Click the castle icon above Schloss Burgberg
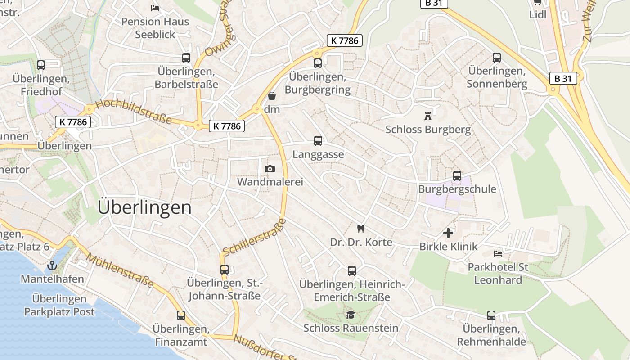pos(427,116)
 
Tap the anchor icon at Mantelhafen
pos(52,265)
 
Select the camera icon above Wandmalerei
pos(270,169)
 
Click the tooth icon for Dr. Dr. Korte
pos(360,229)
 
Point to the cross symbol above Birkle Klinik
pos(448,233)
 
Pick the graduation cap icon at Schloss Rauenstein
pos(351,315)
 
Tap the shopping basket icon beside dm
pos(271,96)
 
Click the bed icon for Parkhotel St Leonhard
pos(498,254)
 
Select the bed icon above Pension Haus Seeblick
pos(155,8)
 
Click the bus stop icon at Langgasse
pos(318,141)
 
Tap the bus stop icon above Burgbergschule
pos(457,176)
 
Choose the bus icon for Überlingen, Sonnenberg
pos(497,58)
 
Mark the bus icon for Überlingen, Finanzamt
pos(181,315)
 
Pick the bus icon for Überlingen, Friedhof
pos(41,65)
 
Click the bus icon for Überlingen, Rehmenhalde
pos(491,315)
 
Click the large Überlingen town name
pos(144,207)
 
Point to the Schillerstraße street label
pos(254,237)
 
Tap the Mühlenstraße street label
pos(120,270)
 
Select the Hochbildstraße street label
pos(134,112)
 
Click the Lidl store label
pos(538,14)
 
